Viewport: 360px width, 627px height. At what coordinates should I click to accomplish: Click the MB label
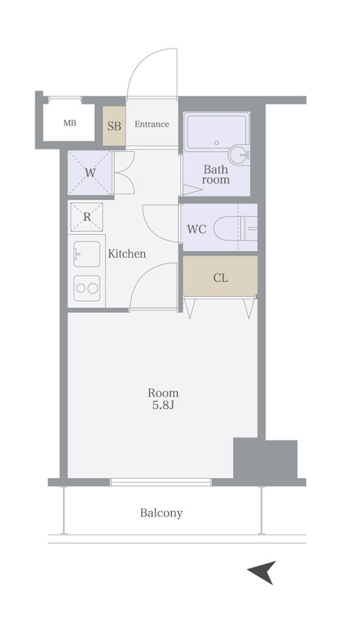click(70, 123)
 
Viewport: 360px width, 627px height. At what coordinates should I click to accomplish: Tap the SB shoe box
click(114, 126)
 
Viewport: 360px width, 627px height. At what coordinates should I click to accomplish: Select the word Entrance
click(151, 124)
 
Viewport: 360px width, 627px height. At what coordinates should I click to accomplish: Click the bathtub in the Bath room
click(216, 132)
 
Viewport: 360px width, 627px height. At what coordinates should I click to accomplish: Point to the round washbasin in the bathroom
click(239, 155)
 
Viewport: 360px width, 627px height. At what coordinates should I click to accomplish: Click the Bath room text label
click(216, 174)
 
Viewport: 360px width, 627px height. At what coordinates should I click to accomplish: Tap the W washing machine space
click(90, 172)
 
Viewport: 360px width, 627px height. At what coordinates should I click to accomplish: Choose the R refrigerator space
click(87, 217)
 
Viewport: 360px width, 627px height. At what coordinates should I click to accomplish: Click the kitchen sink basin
click(87, 254)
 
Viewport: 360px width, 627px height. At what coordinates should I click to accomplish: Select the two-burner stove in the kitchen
click(87, 288)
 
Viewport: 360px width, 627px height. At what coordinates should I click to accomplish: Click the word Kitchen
click(127, 254)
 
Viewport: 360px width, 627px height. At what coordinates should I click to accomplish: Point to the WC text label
click(197, 230)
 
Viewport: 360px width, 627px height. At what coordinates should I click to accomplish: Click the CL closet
click(220, 277)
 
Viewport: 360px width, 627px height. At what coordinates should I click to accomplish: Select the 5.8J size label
click(163, 405)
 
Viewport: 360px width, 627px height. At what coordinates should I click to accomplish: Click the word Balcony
click(162, 513)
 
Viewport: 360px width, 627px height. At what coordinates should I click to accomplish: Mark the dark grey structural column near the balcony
click(265, 459)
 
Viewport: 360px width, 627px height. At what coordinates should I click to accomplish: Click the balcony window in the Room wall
click(161, 482)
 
